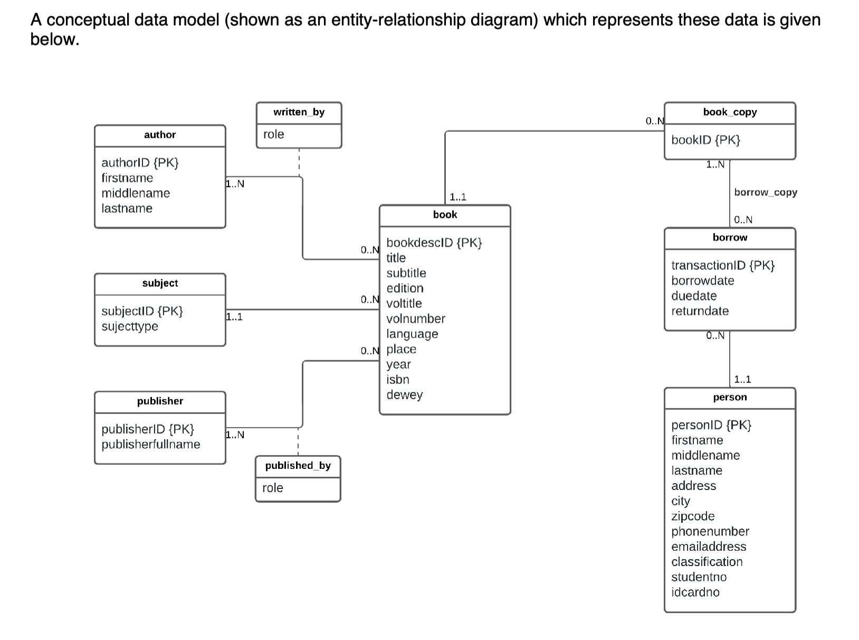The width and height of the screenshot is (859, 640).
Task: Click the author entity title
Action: [160, 135]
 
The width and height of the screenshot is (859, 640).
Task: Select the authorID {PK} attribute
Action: [140, 163]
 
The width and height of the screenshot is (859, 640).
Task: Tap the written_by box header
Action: [299, 112]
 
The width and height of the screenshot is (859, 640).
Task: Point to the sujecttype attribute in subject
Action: [130, 326]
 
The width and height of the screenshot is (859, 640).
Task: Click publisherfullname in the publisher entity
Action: [151, 445]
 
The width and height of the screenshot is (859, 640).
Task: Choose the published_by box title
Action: [298, 466]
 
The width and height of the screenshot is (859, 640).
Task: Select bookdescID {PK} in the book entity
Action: [434, 243]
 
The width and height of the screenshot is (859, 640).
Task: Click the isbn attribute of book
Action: [397, 380]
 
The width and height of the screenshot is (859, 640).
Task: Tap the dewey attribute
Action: [404, 395]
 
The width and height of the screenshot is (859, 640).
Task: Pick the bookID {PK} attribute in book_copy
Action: [705, 140]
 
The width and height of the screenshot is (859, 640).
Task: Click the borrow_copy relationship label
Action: [765, 192]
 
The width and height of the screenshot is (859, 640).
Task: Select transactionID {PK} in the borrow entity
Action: [722, 266]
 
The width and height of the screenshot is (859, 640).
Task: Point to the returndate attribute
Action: [700, 311]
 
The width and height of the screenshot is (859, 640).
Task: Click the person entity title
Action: [730, 397]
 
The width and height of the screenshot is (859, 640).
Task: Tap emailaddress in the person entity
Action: [709, 547]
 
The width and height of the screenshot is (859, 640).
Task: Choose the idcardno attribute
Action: [695, 592]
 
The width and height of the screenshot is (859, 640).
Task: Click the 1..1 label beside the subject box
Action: [234, 317]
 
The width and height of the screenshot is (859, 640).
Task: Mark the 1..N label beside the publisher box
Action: [235, 435]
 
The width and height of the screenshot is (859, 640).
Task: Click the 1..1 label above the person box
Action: [742, 379]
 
